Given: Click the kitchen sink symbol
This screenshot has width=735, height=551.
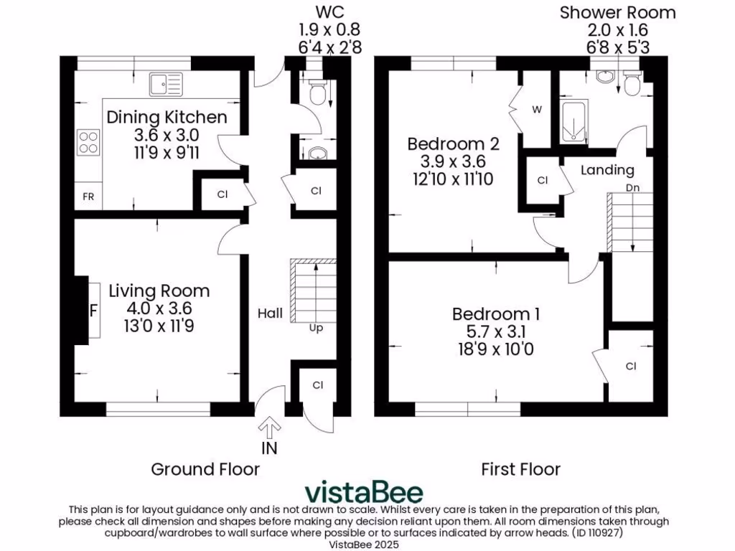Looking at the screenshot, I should coord(166,84).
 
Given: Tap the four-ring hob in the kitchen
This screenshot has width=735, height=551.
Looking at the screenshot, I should coord(88,141).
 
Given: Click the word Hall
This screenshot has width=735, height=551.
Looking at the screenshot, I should coord(270,314).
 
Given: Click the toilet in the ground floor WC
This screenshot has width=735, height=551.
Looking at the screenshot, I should coord(317,92).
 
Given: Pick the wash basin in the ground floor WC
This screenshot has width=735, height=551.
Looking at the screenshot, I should coord(317,152).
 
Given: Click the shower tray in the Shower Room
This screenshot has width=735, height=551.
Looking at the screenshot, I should coord(574,123).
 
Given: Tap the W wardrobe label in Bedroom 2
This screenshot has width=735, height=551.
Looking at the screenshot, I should coord(536,110).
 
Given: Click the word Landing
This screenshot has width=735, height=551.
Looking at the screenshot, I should coord(607,170).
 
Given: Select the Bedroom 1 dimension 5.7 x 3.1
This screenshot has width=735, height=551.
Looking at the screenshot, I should coord(495,332).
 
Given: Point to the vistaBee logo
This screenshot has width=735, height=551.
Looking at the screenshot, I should coord(363,492).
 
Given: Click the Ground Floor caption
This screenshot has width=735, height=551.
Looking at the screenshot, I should coord(205,469).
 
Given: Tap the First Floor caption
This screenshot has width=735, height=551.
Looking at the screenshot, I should coord(520,469).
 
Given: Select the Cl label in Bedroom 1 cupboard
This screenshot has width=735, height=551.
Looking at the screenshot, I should coord(630,366).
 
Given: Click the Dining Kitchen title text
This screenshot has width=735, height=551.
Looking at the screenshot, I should coord(167,118).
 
